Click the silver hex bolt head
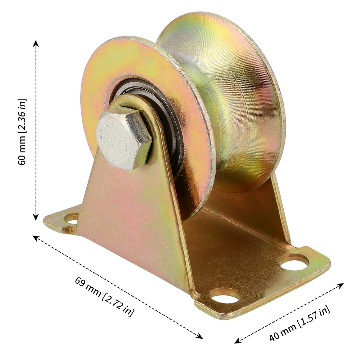(124, 139)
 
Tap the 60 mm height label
(22, 132)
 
